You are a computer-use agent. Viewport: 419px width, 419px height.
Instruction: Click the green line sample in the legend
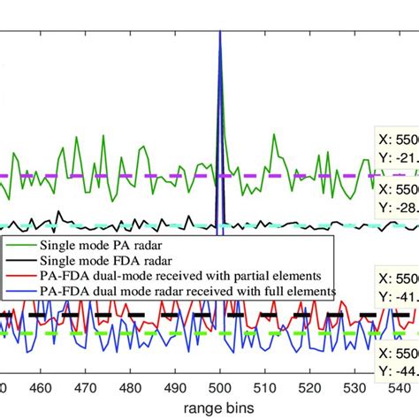coord(20,245)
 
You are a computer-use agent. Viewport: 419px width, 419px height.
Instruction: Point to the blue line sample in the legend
coord(20,289)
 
